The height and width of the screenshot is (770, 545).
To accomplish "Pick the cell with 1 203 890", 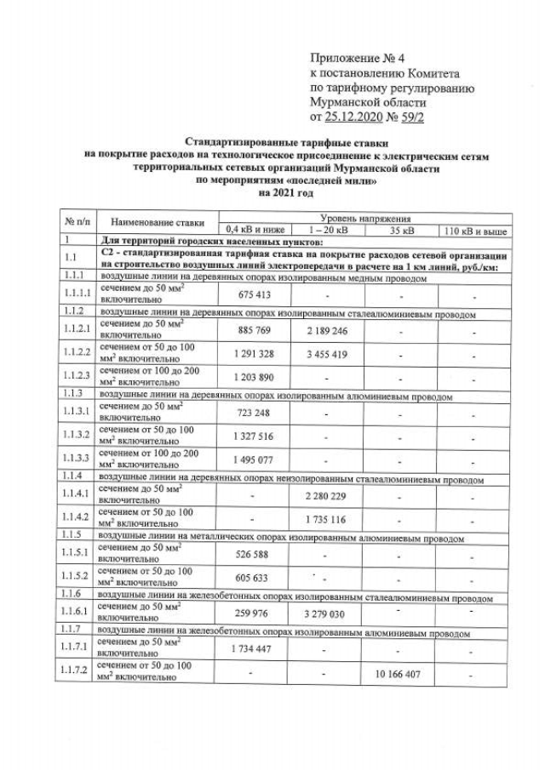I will [x=251, y=375].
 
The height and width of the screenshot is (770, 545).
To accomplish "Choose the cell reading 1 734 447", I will [x=251, y=649].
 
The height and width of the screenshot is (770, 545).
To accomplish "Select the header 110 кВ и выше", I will [x=473, y=230].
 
